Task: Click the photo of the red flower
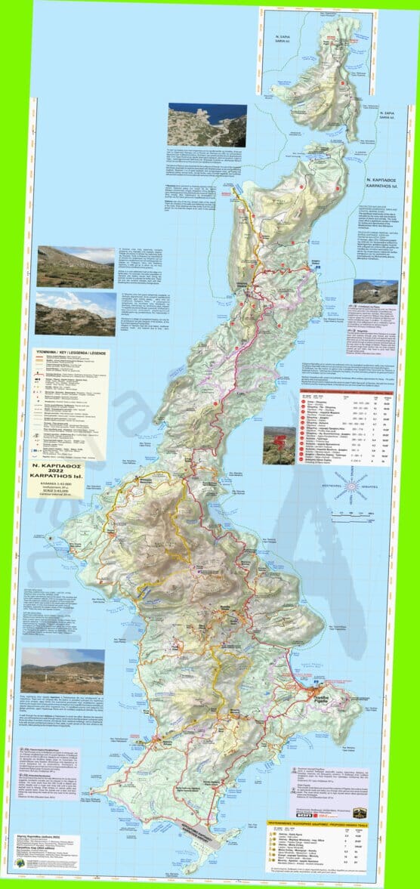(x=279, y=446)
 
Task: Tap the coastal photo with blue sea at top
(x=207, y=125)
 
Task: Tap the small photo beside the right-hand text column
(x=375, y=292)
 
